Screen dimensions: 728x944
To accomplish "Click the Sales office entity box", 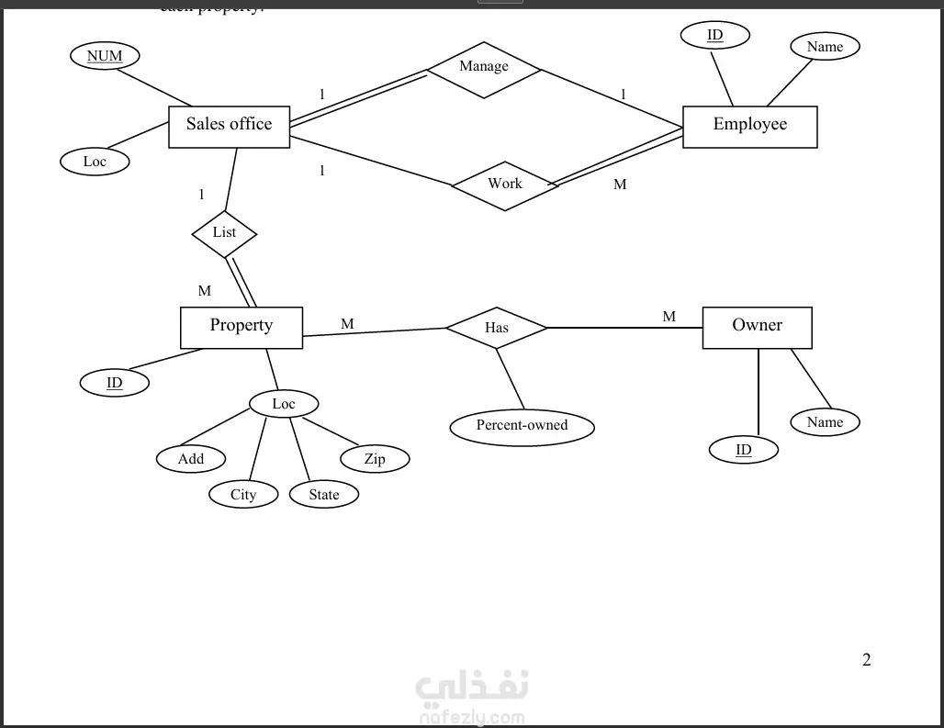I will pyautogui.click(x=229, y=126).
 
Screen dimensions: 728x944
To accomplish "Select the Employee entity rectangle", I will pyautogui.click(x=749, y=126).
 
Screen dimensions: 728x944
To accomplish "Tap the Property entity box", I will pyautogui.click(x=241, y=327).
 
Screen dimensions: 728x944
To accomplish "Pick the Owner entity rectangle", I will pyautogui.click(x=757, y=327).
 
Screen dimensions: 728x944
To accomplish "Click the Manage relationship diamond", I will pyautogui.click(x=484, y=68).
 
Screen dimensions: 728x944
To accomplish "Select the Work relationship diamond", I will pyautogui.click(x=505, y=185).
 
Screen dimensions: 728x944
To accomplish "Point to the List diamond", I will pyautogui.click(x=224, y=233).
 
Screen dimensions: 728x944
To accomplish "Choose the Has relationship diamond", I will pyautogui.click(x=496, y=328).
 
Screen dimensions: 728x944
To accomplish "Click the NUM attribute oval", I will pyautogui.click(x=105, y=56).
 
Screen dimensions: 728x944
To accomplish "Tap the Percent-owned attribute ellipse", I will pyautogui.click(x=522, y=426).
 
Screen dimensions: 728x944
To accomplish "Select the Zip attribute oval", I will pyautogui.click(x=375, y=458).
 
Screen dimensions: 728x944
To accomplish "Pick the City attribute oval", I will pyautogui.click(x=243, y=495).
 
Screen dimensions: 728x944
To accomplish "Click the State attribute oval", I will pyautogui.click(x=323, y=495).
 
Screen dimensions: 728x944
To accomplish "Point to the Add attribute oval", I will pyautogui.click(x=191, y=458).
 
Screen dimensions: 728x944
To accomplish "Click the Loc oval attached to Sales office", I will pyautogui.click(x=95, y=162).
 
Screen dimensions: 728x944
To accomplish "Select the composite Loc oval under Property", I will pyautogui.click(x=284, y=404).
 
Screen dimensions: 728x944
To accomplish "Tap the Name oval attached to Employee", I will pyautogui.click(x=825, y=47).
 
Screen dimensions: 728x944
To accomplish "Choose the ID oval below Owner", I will pyautogui.click(x=743, y=450).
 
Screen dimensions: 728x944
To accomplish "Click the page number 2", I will pyautogui.click(x=866, y=659).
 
